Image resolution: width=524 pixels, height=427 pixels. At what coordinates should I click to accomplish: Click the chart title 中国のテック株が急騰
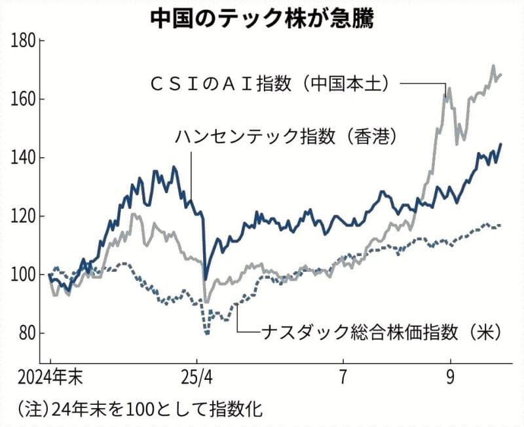263,18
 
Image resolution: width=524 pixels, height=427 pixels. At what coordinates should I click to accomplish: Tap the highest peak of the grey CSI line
493,65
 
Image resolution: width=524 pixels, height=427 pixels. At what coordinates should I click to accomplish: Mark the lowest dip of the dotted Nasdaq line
208,333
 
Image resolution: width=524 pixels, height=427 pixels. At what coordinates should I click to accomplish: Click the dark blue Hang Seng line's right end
502,144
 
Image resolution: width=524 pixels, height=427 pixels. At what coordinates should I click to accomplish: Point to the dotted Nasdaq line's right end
502,225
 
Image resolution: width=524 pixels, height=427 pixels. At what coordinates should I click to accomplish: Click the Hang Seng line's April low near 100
205,277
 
